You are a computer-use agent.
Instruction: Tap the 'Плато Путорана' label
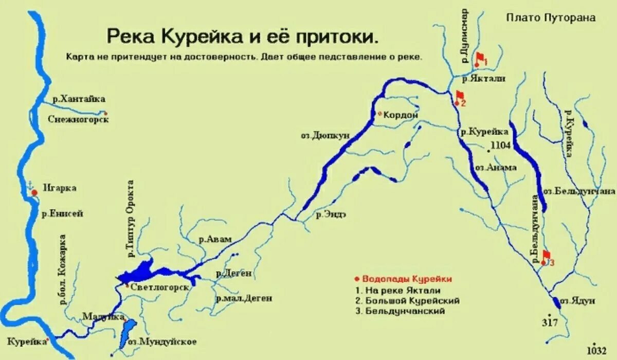(551, 18)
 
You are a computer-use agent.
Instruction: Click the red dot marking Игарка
(34, 192)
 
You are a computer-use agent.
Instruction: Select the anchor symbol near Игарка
(30, 184)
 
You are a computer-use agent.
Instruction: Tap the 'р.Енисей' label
(62, 213)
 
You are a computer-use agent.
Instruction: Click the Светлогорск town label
(160, 287)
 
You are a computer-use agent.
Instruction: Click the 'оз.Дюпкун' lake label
(325, 135)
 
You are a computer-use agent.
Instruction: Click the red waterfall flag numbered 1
(481, 58)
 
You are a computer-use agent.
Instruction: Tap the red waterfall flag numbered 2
(460, 97)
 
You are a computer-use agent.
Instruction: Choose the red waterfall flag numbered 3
(546, 256)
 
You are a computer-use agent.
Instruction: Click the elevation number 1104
(500, 146)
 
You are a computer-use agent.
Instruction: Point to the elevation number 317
(550, 322)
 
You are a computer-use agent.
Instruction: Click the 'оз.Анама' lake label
(495, 168)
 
